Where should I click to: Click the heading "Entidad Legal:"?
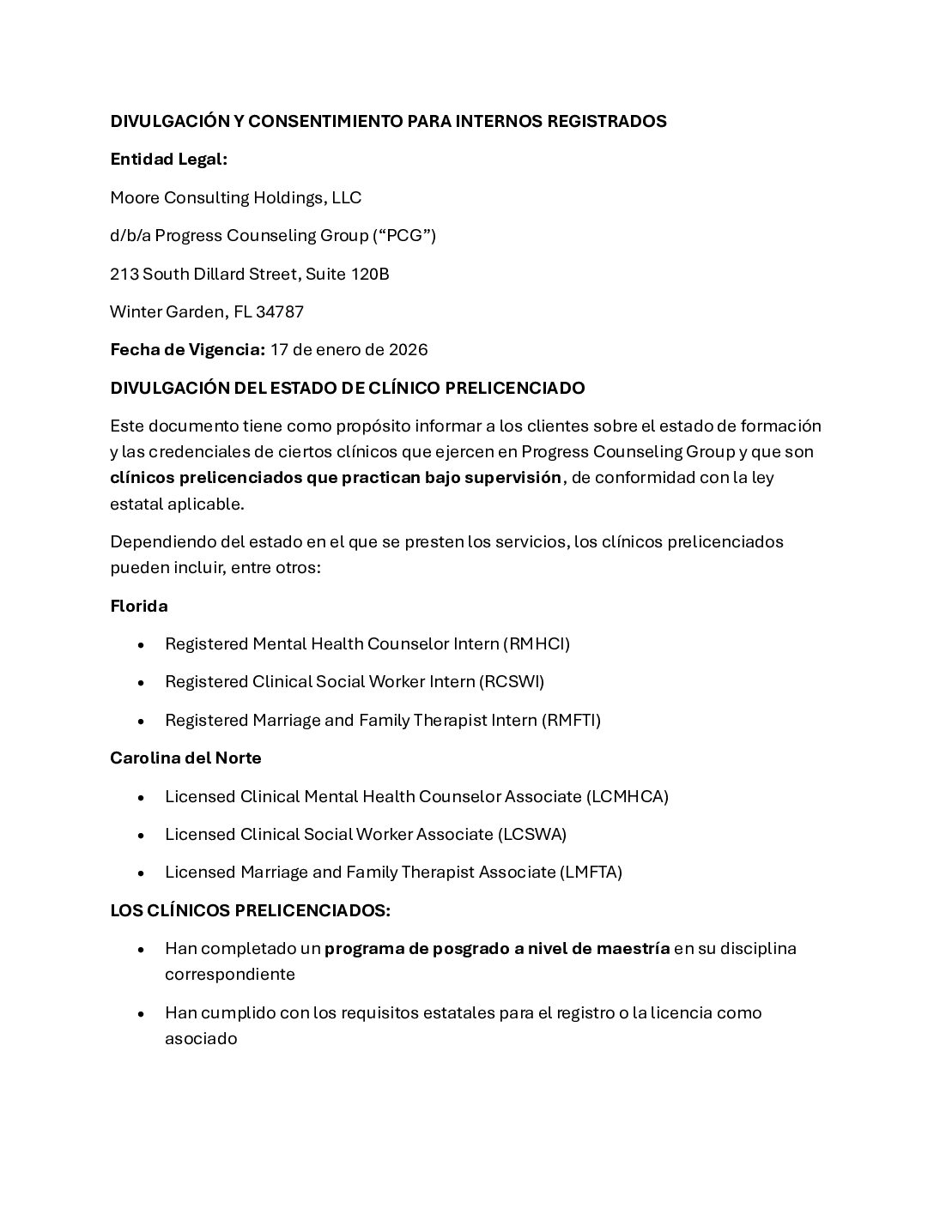(x=168, y=160)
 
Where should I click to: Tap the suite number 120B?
(x=371, y=274)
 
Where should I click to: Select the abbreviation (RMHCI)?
(x=536, y=643)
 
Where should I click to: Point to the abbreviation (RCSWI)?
(x=512, y=681)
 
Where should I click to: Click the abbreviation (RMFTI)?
(x=571, y=720)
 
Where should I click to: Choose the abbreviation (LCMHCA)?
(x=628, y=796)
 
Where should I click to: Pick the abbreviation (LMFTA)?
(x=591, y=872)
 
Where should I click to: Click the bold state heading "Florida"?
(x=139, y=606)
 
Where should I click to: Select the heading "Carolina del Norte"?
(x=185, y=758)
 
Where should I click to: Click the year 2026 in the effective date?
(x=409, y=349)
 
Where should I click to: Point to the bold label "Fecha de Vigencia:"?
(x=187, y=349)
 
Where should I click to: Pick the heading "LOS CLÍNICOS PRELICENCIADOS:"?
(x=250, y=910)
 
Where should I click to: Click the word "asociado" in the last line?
(x=201, y=1038)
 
